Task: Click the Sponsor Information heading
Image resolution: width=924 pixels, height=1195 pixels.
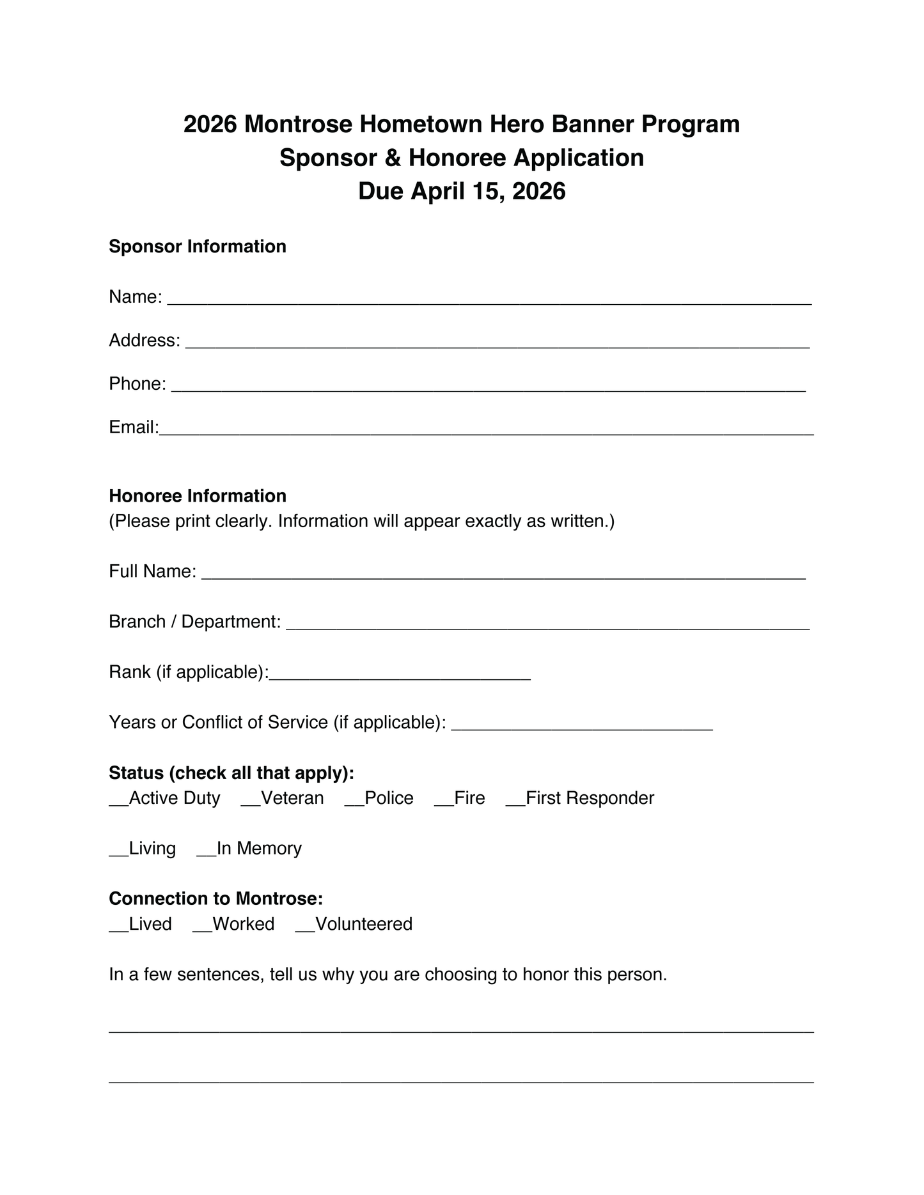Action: click(x=197, y=247)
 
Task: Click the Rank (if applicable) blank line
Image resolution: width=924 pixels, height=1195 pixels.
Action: click(x=400, y=677)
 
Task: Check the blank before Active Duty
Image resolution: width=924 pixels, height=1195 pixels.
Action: click(x=119, y=804)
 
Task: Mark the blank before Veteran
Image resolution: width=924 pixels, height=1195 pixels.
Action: click(x=251, y=804)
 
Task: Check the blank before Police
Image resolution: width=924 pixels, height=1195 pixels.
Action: click(x=354, y=804)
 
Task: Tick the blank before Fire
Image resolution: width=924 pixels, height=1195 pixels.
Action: click(x=444, y=804)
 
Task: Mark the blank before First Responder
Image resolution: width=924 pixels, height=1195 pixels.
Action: click(x=515, y=804)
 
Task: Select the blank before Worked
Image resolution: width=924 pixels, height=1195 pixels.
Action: click(x=202, y=930)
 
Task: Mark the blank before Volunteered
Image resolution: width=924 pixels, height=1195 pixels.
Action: click(x=305, y=930)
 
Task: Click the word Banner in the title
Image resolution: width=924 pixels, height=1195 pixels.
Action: click(x=593, y=124)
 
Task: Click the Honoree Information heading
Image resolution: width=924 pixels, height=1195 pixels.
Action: click(x=197, y=496)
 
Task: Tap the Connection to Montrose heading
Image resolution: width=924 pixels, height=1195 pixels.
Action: click(x=215, y=898)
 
